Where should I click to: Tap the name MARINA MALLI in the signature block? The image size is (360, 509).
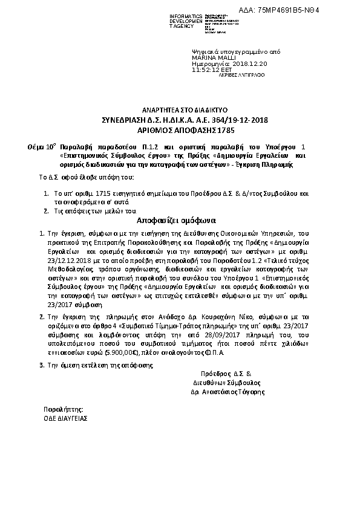tap(211, 59)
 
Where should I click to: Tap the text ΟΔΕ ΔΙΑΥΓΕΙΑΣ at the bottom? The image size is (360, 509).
tap(66, 417)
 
